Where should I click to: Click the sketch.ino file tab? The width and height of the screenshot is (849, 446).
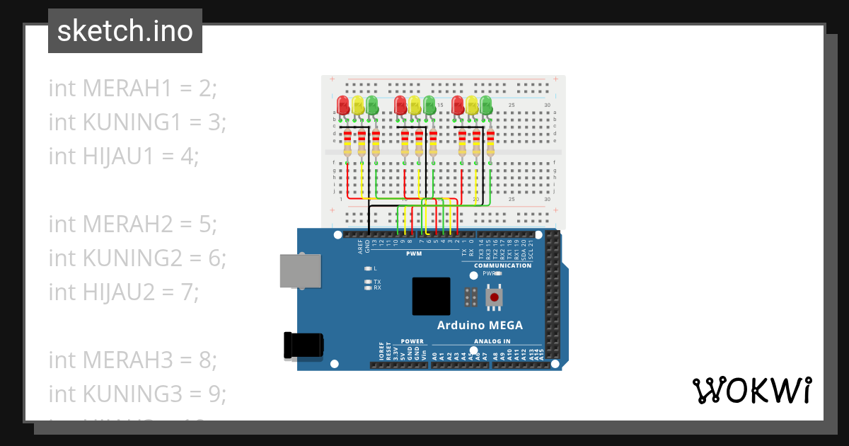pos(125,31)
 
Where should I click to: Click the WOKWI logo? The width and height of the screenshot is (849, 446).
pos(751,391)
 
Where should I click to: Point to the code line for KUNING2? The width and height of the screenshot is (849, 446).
pos(137,258)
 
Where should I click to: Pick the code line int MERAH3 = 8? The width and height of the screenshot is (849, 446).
pos(132,360)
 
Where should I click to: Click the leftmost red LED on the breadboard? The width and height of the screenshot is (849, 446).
pos(344,105)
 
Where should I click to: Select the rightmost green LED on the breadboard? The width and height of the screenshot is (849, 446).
pos(486,105)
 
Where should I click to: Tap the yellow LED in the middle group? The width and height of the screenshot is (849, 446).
pos(415,106)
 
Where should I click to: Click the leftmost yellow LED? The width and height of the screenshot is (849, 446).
pos(358,106)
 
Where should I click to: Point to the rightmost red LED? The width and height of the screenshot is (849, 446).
pos(458,105)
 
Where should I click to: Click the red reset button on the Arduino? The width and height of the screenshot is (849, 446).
pos(494,297)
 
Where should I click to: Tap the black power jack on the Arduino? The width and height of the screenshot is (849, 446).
pos(303,345)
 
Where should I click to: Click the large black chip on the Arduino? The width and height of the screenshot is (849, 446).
pos(432,296)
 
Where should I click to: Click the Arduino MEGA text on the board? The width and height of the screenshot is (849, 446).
pos(480,326)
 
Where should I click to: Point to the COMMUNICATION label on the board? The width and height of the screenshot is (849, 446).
pos(502,265)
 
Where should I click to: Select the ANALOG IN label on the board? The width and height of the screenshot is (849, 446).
pos(487,341)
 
